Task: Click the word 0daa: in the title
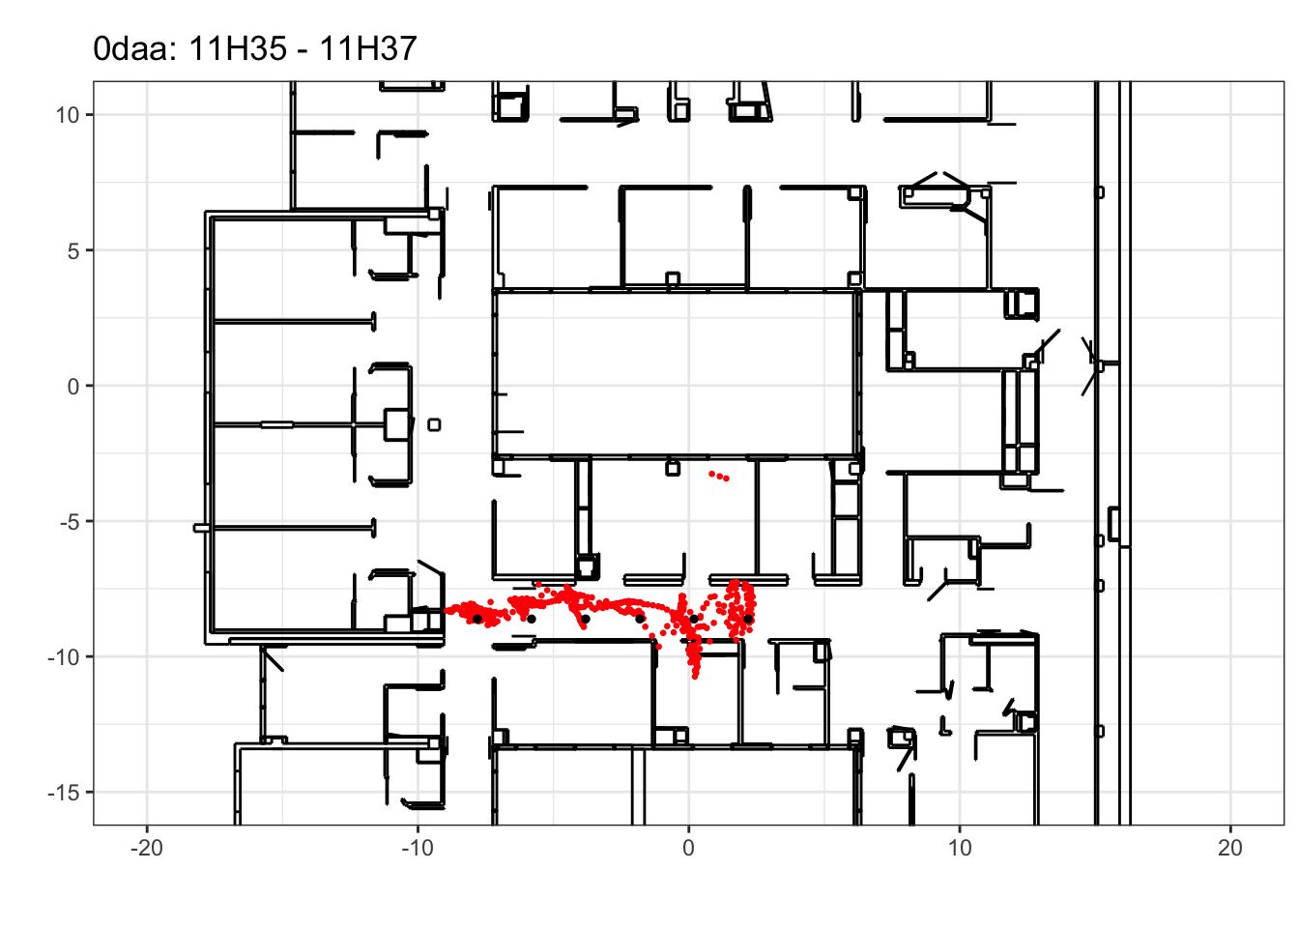[135, 48]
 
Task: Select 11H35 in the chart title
[238, 48]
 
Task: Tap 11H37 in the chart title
[368, 48]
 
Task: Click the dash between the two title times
[303, 51]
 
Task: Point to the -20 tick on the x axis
[147, 848]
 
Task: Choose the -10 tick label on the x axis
[418, 848]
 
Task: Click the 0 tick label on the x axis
[688, 848]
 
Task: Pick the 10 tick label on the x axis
[960, 848]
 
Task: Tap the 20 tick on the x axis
[1230, 848]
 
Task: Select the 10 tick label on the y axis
[68, 115]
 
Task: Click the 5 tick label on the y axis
[73, 250]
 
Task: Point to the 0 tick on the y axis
[73, 386]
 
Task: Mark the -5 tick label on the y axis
[70, 521]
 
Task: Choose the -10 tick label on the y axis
[64, 656]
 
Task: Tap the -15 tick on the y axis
[64, 793]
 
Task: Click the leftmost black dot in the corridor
[477, 619]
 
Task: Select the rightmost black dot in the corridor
[748, 619]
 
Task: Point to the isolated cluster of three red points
[719, 477]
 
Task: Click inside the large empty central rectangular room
[675, 374]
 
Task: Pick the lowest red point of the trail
[695, 677]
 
